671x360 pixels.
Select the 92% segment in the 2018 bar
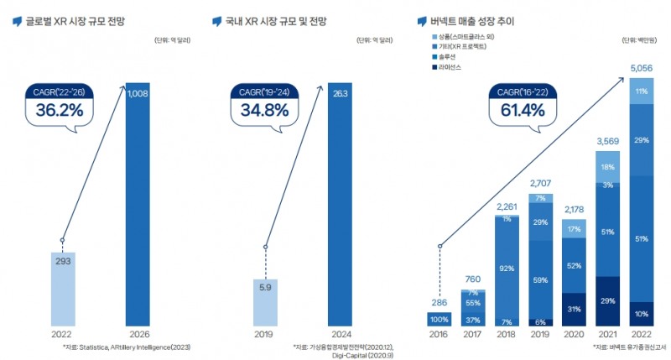(x=505, y=269)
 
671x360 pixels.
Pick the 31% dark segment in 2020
(x=575, y=308)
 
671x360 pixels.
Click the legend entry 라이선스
(x=450, y=66)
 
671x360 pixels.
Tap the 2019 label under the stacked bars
(x=540, y=334)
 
